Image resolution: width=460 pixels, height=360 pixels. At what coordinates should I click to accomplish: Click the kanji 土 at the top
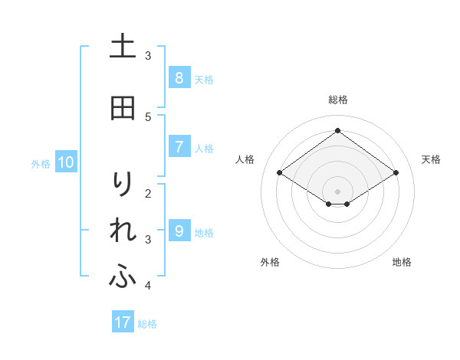coord(123,47)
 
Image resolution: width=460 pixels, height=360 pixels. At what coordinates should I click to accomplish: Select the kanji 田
coord(123,108)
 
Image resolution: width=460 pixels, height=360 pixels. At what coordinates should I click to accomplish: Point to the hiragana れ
coord(123,231)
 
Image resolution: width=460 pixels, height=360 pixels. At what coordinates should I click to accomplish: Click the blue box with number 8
coord(179,77)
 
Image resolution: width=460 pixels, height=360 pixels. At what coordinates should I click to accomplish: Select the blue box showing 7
coord(179,146)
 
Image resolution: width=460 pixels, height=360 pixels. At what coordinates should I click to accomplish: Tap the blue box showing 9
coord(179,231)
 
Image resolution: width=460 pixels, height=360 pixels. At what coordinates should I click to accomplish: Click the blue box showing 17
coord(123,322)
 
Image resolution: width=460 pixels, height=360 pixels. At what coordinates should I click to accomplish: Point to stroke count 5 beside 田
coord(148,116)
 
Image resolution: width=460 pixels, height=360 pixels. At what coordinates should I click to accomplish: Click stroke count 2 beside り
coord(148,193)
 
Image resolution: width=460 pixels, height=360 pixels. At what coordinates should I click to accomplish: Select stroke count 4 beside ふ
coord(148,286)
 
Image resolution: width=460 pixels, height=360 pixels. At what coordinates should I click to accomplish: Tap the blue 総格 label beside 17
coord(147,323)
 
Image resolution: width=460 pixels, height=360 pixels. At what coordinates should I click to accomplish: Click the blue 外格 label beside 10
coord(41,163)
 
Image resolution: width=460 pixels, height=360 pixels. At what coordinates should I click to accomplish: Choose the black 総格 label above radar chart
coord(338,100)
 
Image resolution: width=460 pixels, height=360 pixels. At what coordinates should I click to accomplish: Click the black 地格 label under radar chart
coord(402,262)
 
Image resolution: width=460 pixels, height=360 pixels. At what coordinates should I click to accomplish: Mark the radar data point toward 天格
coord(396,173)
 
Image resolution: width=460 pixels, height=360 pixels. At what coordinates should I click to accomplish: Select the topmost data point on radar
coord(337,130)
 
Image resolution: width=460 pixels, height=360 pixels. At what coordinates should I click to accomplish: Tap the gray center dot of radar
coord(337,191)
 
